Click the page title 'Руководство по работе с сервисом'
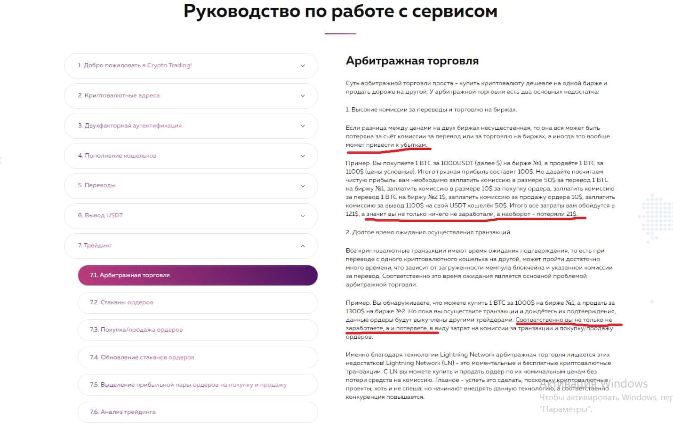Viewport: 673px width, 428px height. [x=340, y=11]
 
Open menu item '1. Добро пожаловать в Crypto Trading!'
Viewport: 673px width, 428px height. [x=135, y=65]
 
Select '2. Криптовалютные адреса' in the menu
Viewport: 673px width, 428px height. [x=119, y=95]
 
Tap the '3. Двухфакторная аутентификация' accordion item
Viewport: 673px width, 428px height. [x=129, y=126]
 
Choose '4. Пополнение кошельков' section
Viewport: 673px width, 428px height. [x=117, y=156]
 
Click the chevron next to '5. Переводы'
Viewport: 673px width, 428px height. [x=303, y=186]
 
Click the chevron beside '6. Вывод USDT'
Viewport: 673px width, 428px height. [x=303, y=216]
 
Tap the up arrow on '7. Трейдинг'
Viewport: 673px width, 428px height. [x=303, y=246]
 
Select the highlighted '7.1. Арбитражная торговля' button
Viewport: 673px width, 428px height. [x=198, y=275]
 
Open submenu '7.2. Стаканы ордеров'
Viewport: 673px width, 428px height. [x=121, y=302]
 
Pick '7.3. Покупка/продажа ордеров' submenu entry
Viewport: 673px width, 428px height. [x=136, y=330]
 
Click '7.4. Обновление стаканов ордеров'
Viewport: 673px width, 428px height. [x=142, y=357]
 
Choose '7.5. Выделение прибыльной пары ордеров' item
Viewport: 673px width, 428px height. [x=188, y=385]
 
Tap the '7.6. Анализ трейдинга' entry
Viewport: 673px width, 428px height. [x=123, y=412]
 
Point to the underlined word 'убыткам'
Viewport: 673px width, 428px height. [x=413, y=145]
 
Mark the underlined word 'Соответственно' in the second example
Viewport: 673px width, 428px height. [x=539, y=320]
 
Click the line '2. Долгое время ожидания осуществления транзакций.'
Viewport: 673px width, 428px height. [x=428, y=232]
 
